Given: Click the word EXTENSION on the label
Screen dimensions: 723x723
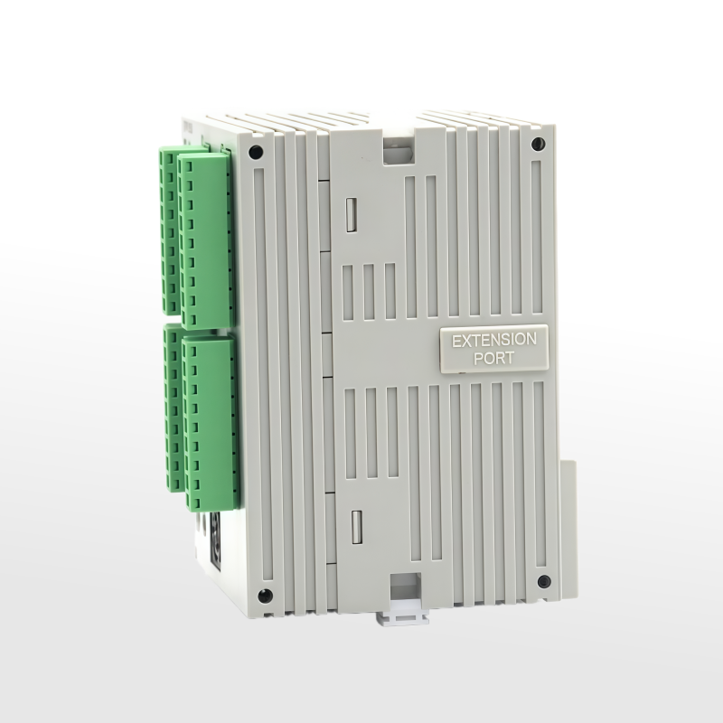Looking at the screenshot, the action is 493,341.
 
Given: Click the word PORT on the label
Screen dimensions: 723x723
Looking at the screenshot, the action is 493,358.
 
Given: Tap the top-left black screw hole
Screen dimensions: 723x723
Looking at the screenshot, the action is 256,152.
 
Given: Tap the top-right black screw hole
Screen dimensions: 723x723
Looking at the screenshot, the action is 537,145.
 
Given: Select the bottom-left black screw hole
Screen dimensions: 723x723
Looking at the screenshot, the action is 265,596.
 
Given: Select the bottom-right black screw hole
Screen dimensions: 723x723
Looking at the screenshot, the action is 544,581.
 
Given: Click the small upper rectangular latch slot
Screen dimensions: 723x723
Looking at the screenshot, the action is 352,214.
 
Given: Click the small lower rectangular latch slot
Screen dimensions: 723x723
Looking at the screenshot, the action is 356,527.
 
